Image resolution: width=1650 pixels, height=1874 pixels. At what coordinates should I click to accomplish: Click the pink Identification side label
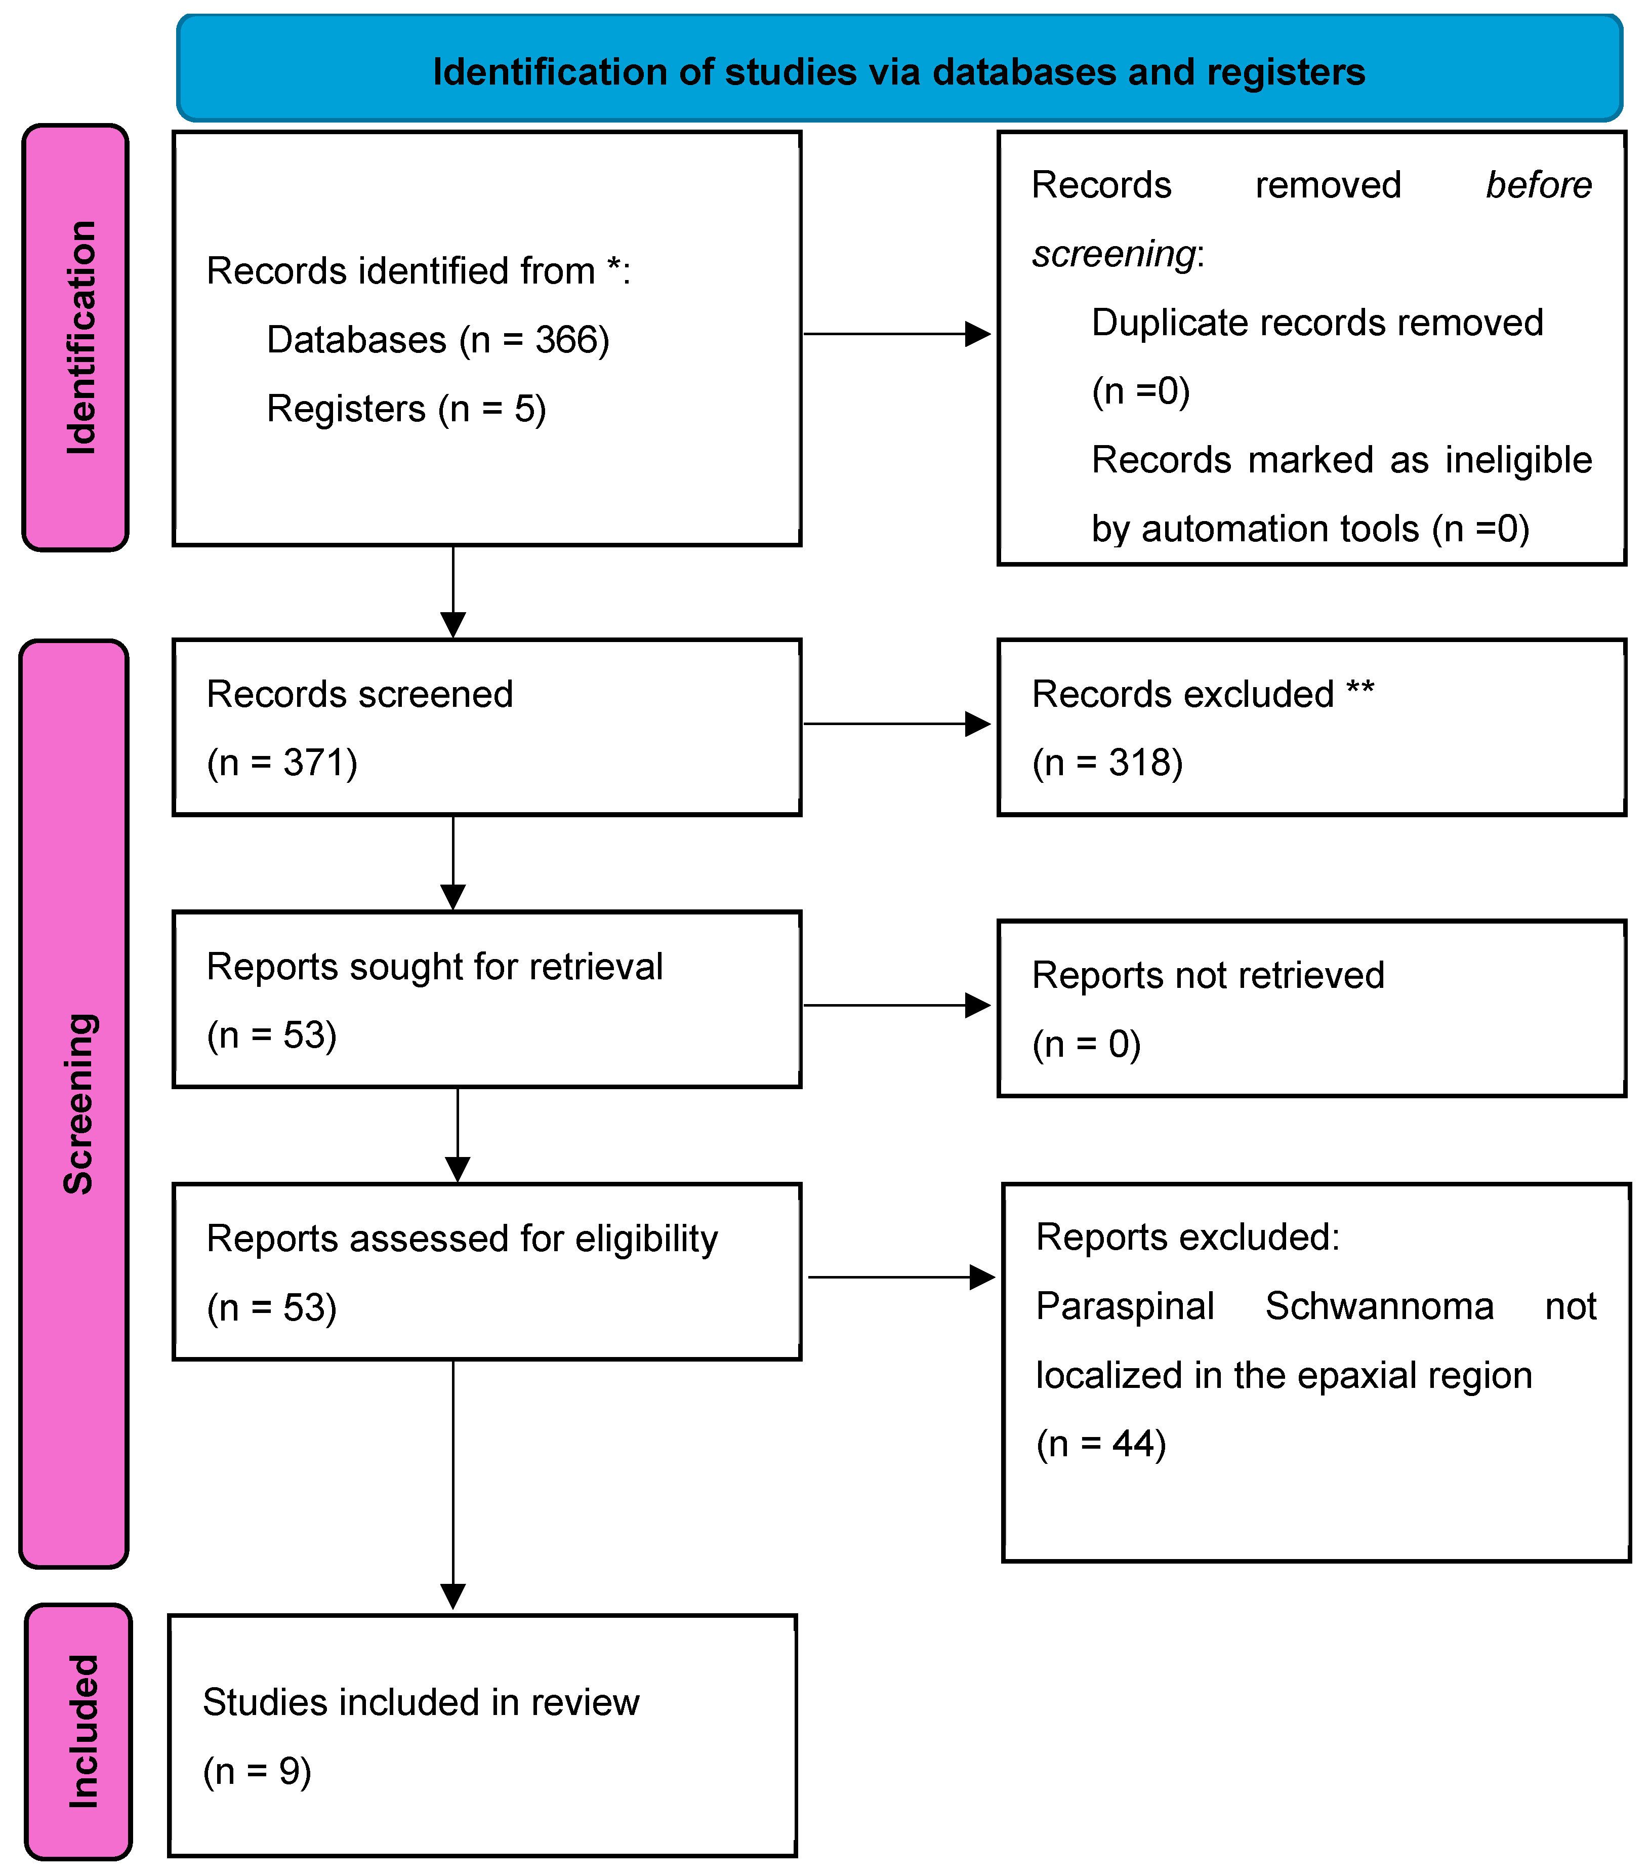[80, 337]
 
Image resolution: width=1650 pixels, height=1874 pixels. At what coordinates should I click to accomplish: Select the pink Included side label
[82, 1731]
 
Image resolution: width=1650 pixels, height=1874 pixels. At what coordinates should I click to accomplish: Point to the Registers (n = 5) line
[406, 409]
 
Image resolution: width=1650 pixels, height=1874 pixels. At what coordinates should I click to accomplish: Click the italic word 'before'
[1538, 185]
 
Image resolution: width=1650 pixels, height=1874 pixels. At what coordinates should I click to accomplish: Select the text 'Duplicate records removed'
[1317, 323]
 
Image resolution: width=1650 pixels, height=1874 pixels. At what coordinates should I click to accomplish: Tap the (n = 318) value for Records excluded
[1107, 763]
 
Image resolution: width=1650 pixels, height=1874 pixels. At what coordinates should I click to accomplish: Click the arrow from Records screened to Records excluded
[896, 724]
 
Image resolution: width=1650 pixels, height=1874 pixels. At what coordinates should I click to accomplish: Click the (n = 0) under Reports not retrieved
[1086, 1044]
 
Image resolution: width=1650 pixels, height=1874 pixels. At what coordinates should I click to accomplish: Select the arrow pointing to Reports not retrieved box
[896, 1006]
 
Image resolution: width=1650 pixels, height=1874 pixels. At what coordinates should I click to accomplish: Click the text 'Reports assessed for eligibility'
[462, 1239]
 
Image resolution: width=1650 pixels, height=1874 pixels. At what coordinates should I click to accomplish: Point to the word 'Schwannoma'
[1379, 1305]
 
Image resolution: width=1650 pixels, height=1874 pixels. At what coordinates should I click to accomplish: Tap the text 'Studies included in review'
[421, 1702]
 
